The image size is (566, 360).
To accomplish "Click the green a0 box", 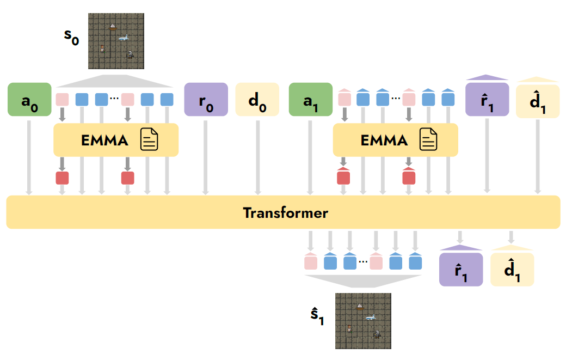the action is click(x=29, y=99).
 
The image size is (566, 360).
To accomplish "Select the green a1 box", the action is click(x=310, y=99).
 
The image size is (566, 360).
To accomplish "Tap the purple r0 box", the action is click(x=206, y=99).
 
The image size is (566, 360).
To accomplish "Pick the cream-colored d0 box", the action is click(x=257, y=99).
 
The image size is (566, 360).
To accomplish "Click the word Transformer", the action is click(x=286, y=213).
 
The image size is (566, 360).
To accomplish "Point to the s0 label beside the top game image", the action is click(x=71, y=37).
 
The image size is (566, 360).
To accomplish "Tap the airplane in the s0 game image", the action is click(x=124, y=37).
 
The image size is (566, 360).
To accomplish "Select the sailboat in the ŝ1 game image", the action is click(x=360, y=307).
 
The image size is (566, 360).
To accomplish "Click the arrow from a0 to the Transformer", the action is click(x=29, y=157).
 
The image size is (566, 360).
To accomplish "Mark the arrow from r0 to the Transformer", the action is click(x=205, y=157).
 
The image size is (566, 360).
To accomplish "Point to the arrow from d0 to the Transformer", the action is click(x=258, y=157).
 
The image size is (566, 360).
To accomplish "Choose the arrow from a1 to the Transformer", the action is click(x=310, y=157).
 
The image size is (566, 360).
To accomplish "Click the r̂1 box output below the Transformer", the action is click(x=461, y=270).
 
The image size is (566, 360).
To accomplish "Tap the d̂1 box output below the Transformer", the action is click(x=512, y=270).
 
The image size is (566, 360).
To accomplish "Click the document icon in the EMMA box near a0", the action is click(x=149, y=139).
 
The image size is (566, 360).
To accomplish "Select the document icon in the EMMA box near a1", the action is click(x=428, y=139).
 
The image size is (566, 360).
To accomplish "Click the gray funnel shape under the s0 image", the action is click(x=115, y=81).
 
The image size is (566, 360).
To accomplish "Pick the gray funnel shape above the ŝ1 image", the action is click(x=363, y=281).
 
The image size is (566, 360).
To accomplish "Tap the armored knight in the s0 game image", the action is click(x=130, y=54).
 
